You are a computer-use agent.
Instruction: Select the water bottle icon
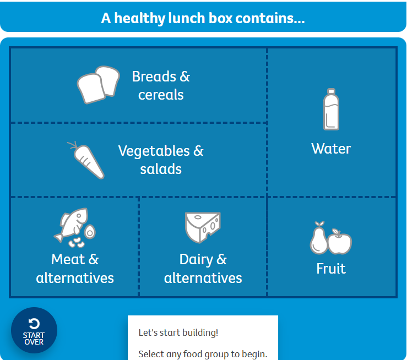pyautogui.click(x=331, y=110)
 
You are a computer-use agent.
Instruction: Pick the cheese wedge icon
pyautogui.click(x=203, y=227)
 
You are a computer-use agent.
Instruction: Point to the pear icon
pyautogui.click(x=318, y=239)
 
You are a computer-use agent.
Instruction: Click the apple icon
pyautogui.click(x=340, y=242)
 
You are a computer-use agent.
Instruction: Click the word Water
pyautogui.click(x=331, y=149)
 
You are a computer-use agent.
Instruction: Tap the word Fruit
pyautogui.click(x=331, y=269)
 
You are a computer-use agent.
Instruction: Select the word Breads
pyautogui.click(x=154, y=77)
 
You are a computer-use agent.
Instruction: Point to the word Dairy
pyautogui.click(x=196, y=259)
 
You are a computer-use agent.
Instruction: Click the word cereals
pyautogui.click(x=161, y=95)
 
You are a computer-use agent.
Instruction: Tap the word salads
pyautogui.click(x=161, y=169)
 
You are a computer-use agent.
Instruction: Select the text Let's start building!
pyautogui.click(x=178, y=332)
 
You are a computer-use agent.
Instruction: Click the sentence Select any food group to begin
pyautogui.click(x=203, y=354)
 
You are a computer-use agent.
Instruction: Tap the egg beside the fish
pyautogui.click(x=90, y=231)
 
